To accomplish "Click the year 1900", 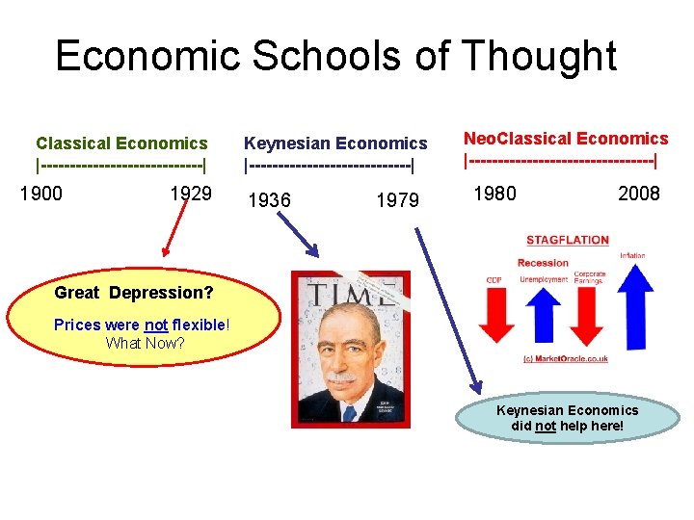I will pyautogui.click(x=41, y=194).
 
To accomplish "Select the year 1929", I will pyautogui.click(x=191, y=194).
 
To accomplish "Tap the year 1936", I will pyautogui.click(x=269, y=200).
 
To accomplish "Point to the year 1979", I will pyautogui.click(x=397, y=200).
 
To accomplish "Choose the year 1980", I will pyautogui.click(x=494, y=194).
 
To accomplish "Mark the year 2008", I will pyautogui.click(x=639, y=194).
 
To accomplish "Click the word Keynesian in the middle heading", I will pyautogui.click(x=284, y=143).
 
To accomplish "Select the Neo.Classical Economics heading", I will pyautogui.click(x=566, y=139).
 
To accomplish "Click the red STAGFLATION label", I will pyautogui.click(x=568, y=240).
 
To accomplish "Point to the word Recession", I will pyautogui.click(x=543, y=263).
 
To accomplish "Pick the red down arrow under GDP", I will pyautogui.click(x=496, y=313).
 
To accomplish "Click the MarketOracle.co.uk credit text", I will pyautogui.click(x=566, y=359).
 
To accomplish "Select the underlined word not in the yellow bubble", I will pyautogui.click(x=156, y=325).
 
